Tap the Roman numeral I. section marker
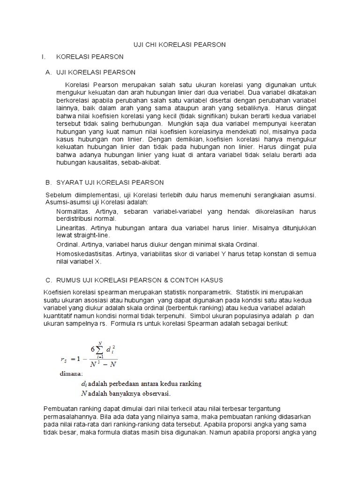coord(43,57)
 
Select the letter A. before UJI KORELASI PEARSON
coord(48,72)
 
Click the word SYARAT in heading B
coord(70,182)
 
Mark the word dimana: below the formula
coord(71,374)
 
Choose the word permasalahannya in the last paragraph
coord(70,417)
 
